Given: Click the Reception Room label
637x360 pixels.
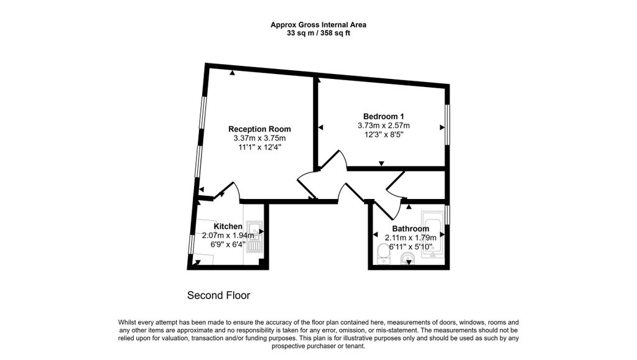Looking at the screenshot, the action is (x=259, y=129).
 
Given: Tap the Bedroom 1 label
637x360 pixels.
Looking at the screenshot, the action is (x=383, y=116).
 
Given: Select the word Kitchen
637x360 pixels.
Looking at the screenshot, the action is (x=228, y=226).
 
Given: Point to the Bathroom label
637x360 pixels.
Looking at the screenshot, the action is (x=411, y=229).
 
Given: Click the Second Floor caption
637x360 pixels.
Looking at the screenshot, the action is (x=218, y=295).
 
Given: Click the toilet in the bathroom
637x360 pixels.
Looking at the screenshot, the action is (x=383, y=254).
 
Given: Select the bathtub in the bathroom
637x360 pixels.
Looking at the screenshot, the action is (x=433, y=234).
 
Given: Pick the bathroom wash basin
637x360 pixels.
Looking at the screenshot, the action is (x=408, y=259).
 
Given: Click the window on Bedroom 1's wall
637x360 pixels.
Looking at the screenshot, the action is (x=447, y=124).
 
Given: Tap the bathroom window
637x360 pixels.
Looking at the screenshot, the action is (x=447, y=215).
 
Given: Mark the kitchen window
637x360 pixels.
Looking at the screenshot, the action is (x=192, y=244).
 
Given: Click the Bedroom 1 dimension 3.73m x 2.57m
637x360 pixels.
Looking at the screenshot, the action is (x=383, y=126).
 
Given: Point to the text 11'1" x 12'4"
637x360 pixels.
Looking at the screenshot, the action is (x=259, y=147).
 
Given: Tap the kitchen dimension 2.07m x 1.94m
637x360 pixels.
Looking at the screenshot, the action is (x=228, y=236).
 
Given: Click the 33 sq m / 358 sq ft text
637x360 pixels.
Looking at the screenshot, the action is (x=318, y=34).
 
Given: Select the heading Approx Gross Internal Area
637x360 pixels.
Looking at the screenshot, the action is (x=318, y=25).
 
